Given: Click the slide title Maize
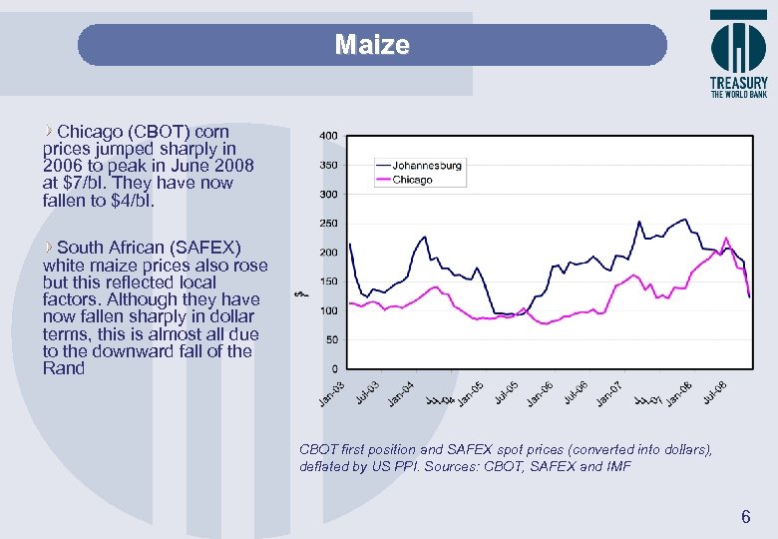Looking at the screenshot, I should point(372,45).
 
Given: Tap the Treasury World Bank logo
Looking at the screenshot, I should point(738,55).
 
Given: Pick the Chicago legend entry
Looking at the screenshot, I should point(412,180).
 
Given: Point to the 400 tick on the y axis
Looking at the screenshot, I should point(328,136).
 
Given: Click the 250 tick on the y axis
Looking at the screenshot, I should point(328,223).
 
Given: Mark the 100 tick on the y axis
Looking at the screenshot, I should point(328,310).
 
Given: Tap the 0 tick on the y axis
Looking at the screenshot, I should point(333,369).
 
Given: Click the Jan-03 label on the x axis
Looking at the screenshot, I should point(333,394).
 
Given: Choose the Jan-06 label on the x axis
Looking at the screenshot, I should point(541,394).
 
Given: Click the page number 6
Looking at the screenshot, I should point(744,517).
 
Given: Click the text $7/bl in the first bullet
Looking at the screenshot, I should point(84,184).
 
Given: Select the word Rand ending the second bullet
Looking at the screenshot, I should point(64,368).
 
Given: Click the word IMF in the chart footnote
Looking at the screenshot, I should point(617,466).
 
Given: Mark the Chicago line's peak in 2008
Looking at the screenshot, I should point(726,238).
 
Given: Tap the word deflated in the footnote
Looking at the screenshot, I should point(325,466).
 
